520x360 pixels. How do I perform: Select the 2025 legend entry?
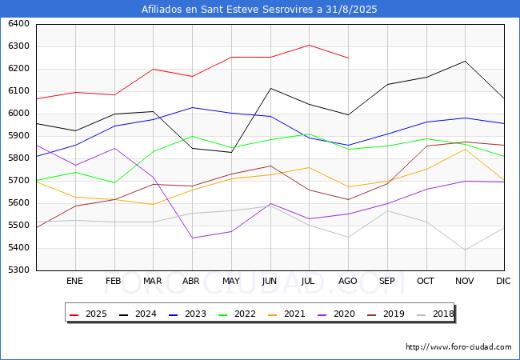pos(89,314)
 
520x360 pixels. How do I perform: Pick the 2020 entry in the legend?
pos(337,314)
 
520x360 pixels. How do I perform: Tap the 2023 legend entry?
pos(188,314)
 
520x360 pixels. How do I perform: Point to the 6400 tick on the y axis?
pos(18,23)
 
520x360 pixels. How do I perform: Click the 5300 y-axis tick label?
pos(18,270)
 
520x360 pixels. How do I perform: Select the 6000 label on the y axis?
pos(18,113)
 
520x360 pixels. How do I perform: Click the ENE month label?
pos(74,281)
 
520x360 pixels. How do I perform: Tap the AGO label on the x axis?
pos(347,281)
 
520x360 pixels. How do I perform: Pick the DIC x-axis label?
pos(503,281)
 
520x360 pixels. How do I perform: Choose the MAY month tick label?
pos(231,281)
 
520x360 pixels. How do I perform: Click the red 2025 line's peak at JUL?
pos(309,45)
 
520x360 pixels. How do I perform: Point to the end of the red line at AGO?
pos(348,58)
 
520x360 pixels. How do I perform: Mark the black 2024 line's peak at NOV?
pos(466,61)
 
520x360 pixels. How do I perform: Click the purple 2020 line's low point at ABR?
pos(192,238)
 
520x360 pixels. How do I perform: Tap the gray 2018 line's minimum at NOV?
pos(466,250)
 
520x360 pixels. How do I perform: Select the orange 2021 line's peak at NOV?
pos(466,149)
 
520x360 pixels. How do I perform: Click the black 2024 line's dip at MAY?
pos(231,153)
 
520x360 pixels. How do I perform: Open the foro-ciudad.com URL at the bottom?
pos(458,347)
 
